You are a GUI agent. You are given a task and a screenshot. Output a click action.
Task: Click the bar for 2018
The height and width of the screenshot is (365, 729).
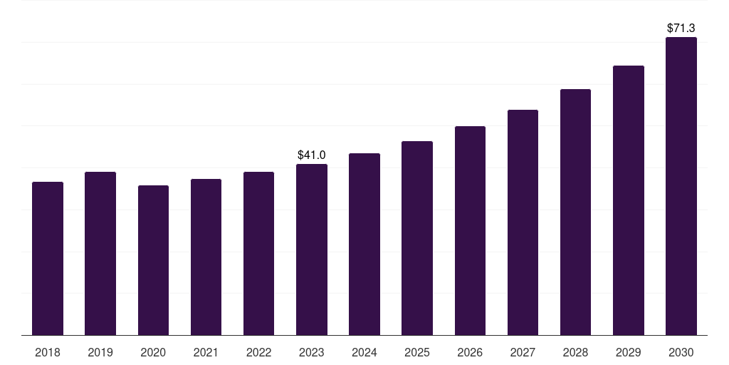[48, 258]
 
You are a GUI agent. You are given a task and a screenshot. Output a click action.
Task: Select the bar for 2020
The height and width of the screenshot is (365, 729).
[153, 260]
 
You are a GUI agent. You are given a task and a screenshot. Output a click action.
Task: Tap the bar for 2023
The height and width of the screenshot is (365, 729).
[312, 250]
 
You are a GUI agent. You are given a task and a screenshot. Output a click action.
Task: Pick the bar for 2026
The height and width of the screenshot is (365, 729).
[470, 230]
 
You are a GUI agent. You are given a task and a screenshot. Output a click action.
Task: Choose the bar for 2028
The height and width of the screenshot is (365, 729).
[575, 212]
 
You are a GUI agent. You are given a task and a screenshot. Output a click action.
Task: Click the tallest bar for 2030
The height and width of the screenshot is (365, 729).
[681, 186]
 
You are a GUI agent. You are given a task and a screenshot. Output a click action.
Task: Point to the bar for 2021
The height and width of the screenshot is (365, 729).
[206, 257]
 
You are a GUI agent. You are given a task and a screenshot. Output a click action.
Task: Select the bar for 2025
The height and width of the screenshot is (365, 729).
[417, 238]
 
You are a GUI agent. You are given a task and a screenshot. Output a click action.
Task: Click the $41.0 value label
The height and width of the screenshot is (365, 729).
[312, 155]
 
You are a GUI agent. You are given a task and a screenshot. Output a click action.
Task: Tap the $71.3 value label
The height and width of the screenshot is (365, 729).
[681, 29]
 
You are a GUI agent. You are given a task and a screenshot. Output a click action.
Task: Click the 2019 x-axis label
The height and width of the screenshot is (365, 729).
[100, 352]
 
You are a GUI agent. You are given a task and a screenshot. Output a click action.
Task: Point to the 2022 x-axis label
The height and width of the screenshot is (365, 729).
[258, 352]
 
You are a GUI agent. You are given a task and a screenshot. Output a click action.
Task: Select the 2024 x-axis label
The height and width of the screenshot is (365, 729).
[364, 352]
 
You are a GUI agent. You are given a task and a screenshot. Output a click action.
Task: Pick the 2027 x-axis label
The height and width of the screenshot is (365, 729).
[523, 352]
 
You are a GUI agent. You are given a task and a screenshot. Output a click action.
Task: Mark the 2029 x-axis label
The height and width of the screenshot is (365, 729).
[628, 352]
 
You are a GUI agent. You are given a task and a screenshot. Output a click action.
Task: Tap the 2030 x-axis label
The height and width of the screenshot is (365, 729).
[681, 352]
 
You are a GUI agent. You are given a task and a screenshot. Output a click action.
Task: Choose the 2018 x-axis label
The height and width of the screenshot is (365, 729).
[48, 352]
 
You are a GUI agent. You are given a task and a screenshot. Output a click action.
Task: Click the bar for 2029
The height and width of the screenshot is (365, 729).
[628, 200]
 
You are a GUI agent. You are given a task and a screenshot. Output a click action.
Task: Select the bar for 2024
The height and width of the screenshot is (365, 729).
[364, 244]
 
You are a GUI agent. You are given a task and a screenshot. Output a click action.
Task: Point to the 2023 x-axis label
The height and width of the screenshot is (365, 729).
[312, 352]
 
